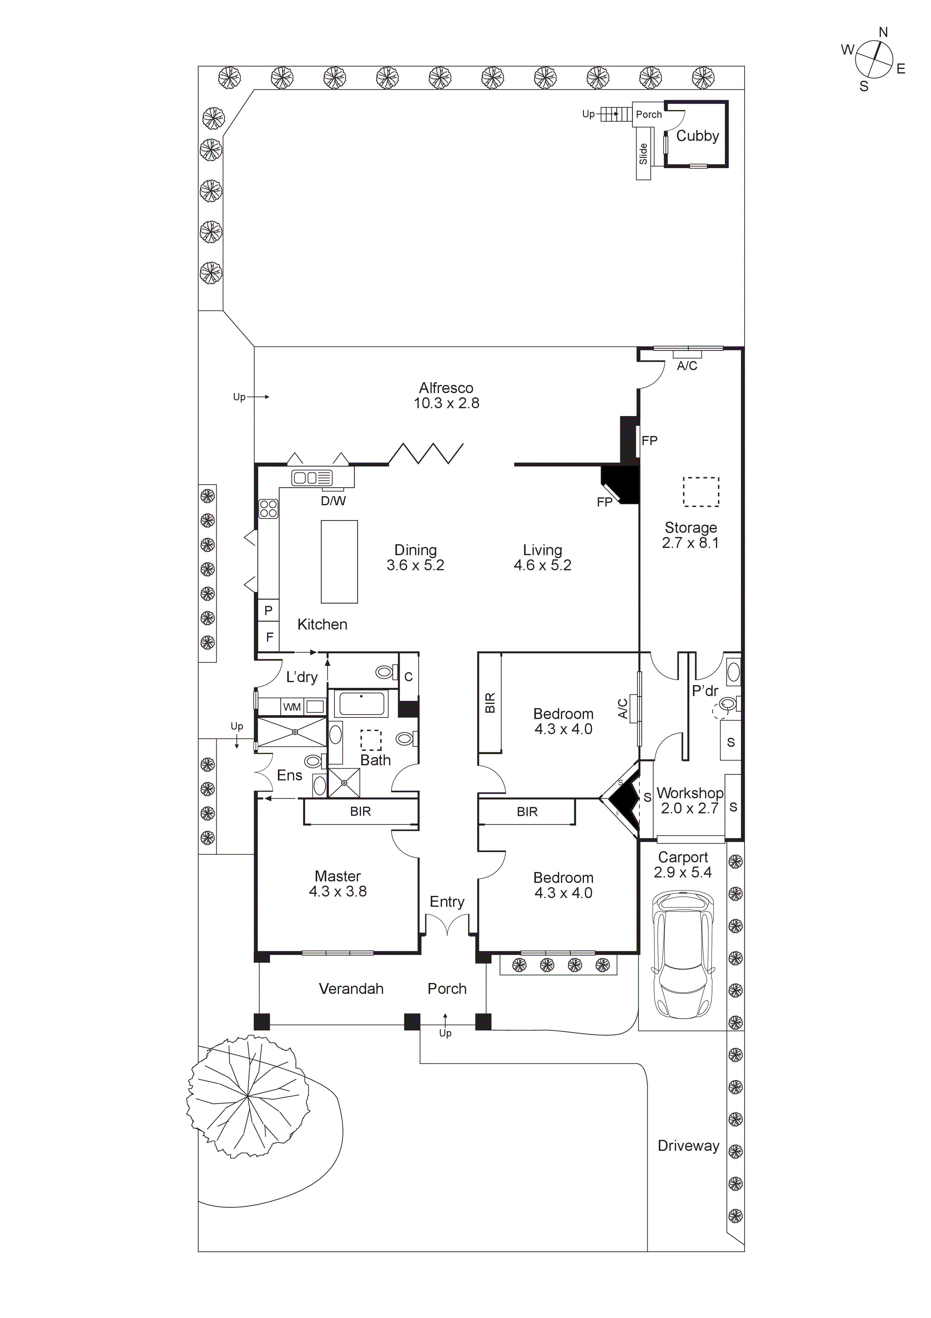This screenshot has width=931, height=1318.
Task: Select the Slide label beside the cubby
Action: tap(643, 154)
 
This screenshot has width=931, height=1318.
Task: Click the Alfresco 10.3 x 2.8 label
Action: tap(446, 395)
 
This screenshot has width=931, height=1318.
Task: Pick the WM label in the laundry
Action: tap(292, 707)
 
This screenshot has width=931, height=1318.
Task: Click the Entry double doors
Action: tap(447, 925)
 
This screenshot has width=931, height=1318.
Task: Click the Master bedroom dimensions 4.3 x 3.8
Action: tap(337, 891)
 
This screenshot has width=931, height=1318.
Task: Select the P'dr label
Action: tap(705, 691)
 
